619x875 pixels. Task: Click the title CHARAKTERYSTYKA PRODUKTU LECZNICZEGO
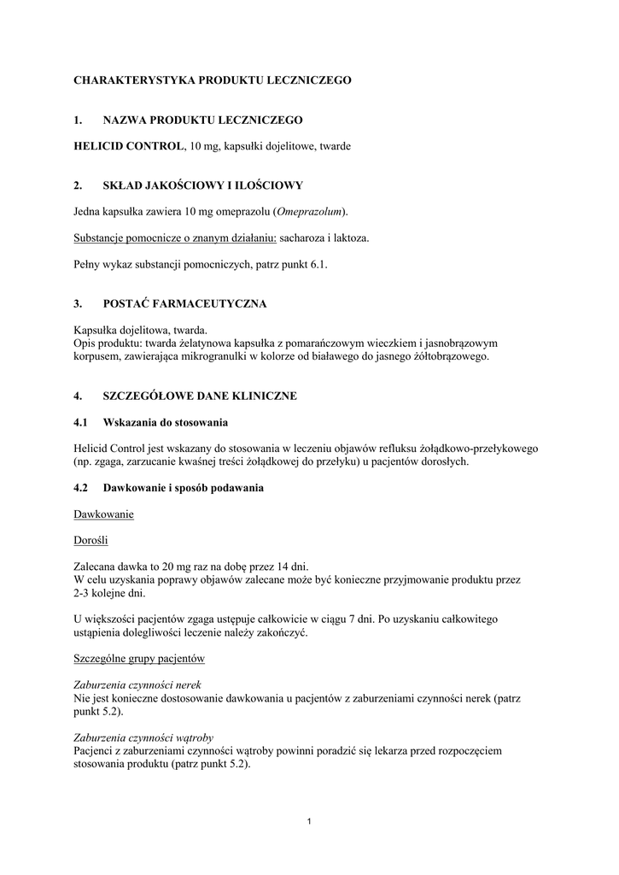pos(213,79)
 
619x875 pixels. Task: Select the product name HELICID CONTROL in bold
pos(129,146)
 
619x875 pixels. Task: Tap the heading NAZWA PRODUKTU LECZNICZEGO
pos(202,120)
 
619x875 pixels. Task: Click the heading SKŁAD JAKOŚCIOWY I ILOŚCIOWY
pos(202,185)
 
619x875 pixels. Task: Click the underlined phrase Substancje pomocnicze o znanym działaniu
pos(169,238)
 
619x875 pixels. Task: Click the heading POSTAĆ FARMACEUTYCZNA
pos(185,303)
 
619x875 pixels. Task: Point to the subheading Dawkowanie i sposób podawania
pos(184,488)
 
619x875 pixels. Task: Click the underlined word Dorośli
pos(91,540)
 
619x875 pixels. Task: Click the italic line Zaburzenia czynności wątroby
pos(143,737)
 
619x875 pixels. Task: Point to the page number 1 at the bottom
pos(309,822)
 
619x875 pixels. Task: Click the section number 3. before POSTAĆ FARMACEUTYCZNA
pos(78,303)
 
